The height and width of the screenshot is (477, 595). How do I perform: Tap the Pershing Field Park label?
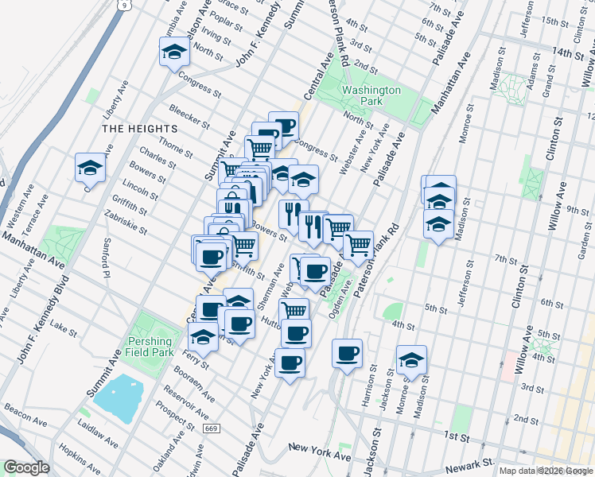coord(150,346)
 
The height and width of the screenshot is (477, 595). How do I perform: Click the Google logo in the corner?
coord(26,467)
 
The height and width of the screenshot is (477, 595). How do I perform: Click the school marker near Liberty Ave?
coord(90,168)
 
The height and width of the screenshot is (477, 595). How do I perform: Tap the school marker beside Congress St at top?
coord(173,53)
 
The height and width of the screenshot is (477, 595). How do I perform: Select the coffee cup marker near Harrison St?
coord(346,353)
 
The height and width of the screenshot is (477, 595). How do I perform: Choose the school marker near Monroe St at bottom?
coord(411,359)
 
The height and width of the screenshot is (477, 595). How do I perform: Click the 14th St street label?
coord(570,52)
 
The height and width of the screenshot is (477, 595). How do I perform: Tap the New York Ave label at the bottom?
coord(319,452)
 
